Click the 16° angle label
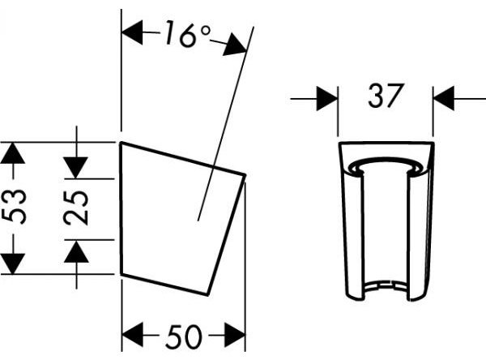point(188,34)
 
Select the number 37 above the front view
point(386,96)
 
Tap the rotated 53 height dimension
point(13,207)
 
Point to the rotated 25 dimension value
point(76,208)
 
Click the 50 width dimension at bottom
point(184,336)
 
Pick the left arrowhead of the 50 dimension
point(133,335)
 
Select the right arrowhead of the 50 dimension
point(235,335)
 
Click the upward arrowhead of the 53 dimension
point(12,153)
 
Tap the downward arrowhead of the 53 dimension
point(12,264)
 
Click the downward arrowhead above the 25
point(76,168)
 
